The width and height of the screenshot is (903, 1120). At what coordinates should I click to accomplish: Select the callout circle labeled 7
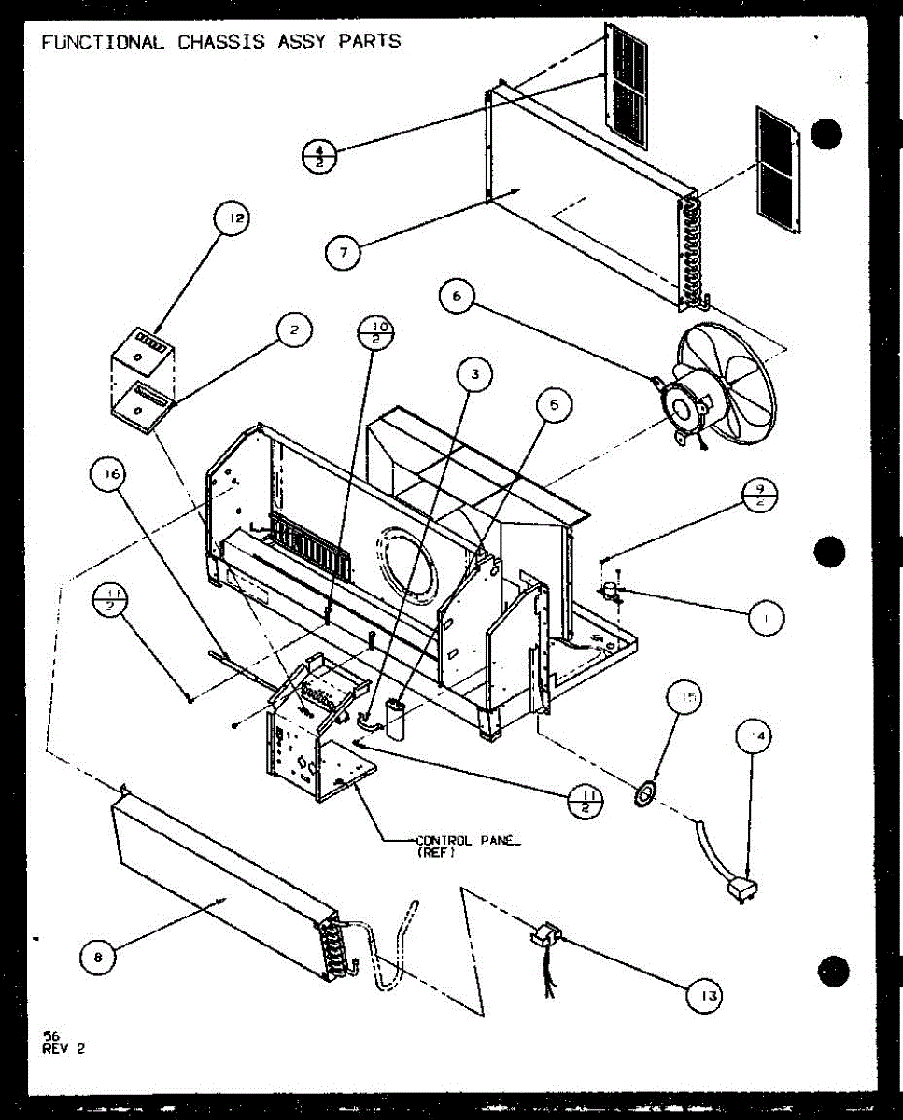(344, 253)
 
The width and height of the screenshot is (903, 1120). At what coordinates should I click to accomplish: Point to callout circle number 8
(99, 955)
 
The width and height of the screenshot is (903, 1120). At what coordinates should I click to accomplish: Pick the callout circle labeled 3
(475, 375)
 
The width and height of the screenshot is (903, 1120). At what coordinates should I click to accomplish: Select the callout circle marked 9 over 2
(761, 494)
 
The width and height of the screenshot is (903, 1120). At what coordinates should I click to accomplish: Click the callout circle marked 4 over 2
(320, 155)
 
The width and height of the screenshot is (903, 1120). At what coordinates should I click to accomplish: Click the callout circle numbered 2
(294, 329)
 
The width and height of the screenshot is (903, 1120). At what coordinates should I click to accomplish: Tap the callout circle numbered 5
(554, 405)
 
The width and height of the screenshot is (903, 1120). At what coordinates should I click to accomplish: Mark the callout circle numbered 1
(766, 618)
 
